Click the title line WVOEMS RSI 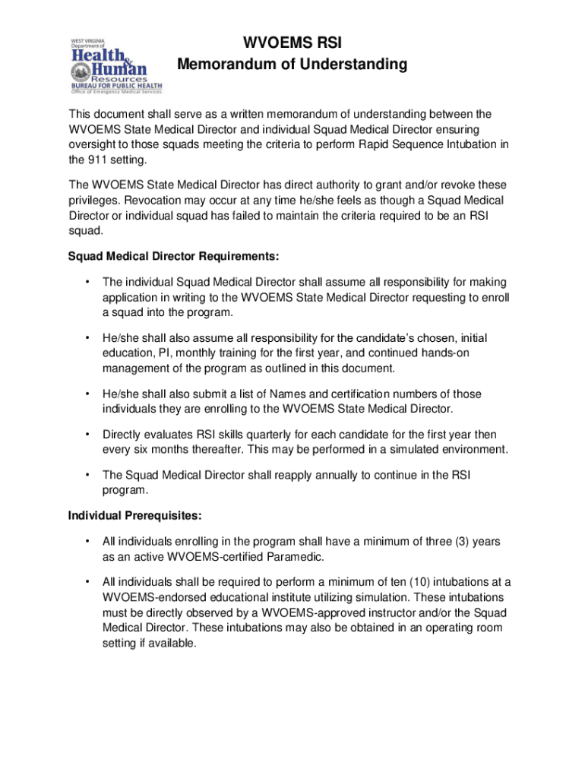point(292,42)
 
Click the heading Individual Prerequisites point(134,516)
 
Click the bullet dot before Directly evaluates point(88,435)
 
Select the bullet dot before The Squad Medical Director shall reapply point(88,475)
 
